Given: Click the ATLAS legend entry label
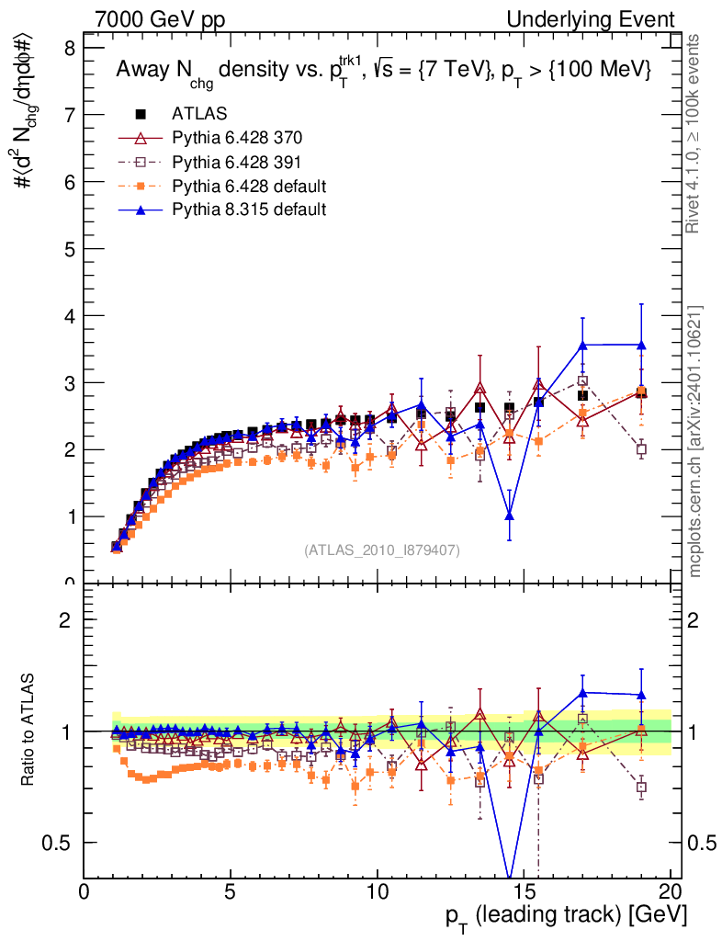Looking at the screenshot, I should tap(194, 114).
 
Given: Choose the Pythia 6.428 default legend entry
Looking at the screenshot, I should tap(248, 186).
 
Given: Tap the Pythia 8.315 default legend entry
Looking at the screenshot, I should tap(248, 210).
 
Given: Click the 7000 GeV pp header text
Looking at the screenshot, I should tap(159, 20).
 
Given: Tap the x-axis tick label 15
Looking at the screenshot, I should tap(524, 893).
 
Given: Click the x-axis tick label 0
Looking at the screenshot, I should tap(85, 893).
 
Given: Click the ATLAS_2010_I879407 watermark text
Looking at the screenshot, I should tap(382, 550).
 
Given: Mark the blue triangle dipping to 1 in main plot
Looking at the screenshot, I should tap(509, 515).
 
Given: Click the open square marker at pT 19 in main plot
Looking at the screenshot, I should tap(641, 449).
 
